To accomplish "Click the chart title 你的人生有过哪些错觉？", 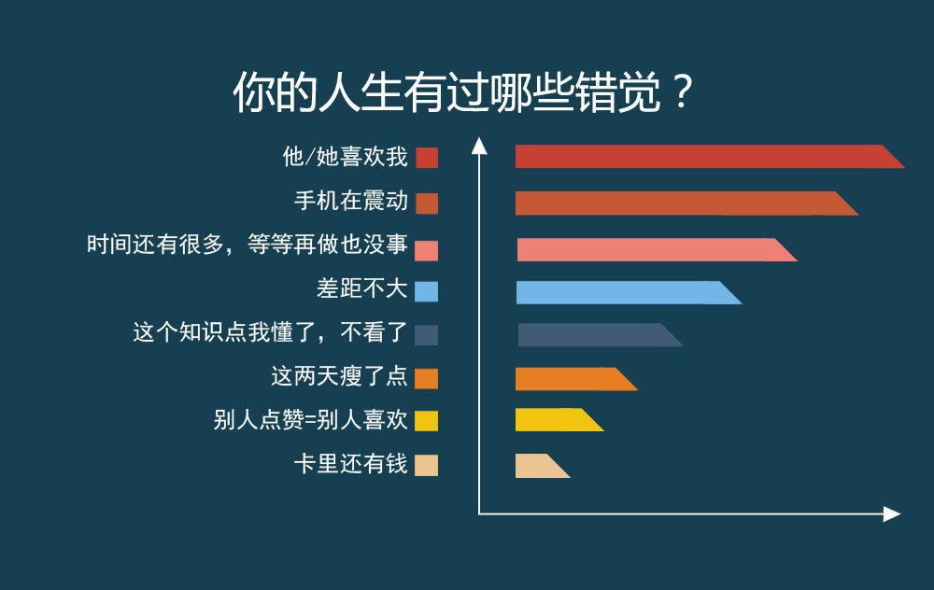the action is pyautogui.click(x=463, y=92).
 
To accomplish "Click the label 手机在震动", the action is pyautogui.click(x=351, y=201).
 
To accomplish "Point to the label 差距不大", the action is pyautogui.click(x=362, y=288).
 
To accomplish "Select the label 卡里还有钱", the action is pyautogui.click(x=351, y=464).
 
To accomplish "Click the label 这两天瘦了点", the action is pyautogui.click(x=340, y=376).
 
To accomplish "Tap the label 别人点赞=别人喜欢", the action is pyautogui.click(x=310, y=420).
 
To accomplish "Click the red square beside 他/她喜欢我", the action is pyautogui.click(x=427, y=158).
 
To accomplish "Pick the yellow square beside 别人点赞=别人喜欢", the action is pyautogui.click(x=427, y=421).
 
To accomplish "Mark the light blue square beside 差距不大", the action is pyautogui.click(x=427, y=291).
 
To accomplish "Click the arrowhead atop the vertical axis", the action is pyautogui.click(x=479, y=146).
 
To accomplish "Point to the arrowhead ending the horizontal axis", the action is pyautogui.click(x=892, y=513).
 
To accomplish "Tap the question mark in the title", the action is pyautogui.click(x=682, y=91).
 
